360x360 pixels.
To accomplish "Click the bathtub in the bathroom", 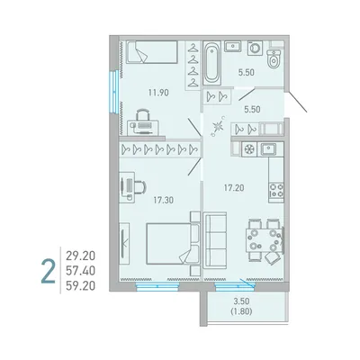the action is (x=212, y=63).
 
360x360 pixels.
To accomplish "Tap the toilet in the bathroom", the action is (x=274, y=59).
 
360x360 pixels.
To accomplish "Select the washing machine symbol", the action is (x=255, y=48).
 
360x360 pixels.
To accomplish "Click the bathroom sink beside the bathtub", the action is (x=233, y=47).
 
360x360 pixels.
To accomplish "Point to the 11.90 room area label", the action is (x=158, y=93).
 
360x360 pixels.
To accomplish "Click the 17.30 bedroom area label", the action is (x=164, y=200).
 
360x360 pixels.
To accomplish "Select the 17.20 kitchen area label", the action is (x=234, y=188).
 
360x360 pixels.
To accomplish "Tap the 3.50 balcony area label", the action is (x=241, y=301).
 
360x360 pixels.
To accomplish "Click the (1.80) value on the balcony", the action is (x=241, y=311).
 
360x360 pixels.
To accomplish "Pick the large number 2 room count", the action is (x=49, y=272).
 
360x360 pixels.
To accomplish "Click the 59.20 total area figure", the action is (x=80, y=286).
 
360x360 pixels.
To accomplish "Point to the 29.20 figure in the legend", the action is (x=80, y=256).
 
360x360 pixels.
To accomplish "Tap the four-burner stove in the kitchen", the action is (x=276, y=190).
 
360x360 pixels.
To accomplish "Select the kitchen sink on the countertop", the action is (x=268, y=148).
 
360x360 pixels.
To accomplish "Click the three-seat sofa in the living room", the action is (x=215, y=240).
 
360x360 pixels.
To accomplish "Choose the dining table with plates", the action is (x=264, y=240).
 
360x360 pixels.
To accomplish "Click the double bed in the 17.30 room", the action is (x=173, y=244).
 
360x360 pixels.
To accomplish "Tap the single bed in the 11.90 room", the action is (x=152, y=52).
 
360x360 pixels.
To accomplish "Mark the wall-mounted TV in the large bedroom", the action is (x=124, y=243).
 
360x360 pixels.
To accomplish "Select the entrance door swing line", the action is (x=296, y=103).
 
